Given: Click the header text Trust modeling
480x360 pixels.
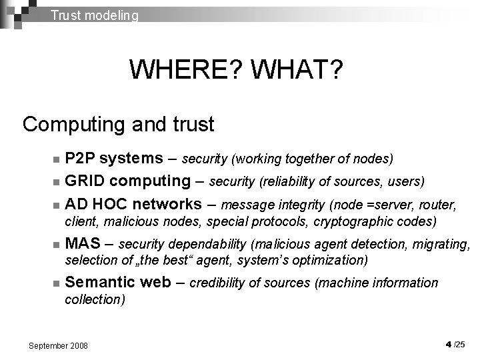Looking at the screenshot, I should (x=95, y=15).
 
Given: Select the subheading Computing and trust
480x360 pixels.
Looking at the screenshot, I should (x=118, y=124).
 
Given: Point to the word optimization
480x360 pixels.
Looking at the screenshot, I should (x=331, y=260).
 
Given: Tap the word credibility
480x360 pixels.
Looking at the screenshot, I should (x=218, y=283).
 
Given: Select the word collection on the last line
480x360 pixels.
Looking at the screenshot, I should (x=94, y=299).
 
